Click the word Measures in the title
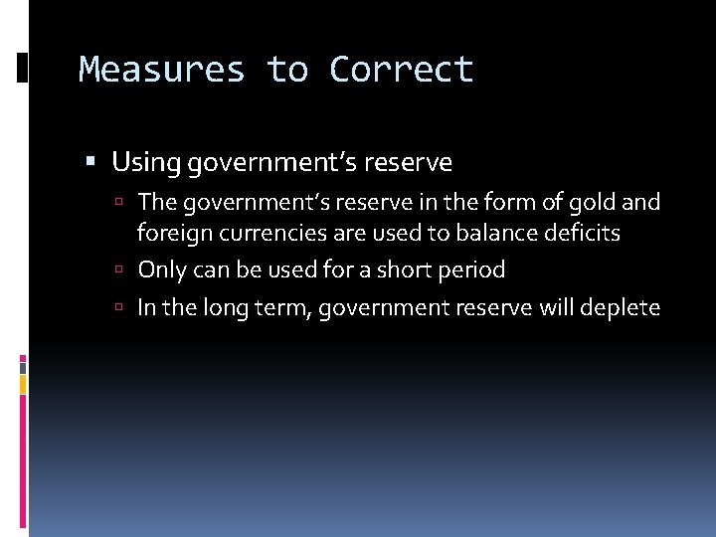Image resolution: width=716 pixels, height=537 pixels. point(161,70)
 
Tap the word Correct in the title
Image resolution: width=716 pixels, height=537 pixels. point(402,70)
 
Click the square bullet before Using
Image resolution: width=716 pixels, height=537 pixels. point(91,161)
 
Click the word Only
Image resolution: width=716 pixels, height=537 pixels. point(161,269)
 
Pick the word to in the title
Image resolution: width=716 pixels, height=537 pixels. point(286,70)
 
